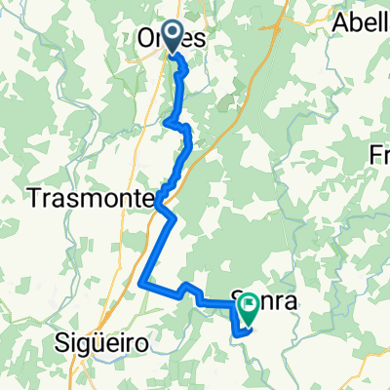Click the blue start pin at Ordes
click(x=173, y=37)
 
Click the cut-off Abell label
click(x=361, y=22)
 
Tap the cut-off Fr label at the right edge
click(x=380, y=154)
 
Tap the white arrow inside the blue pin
click(x=173, y=35)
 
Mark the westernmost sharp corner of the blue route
click(x=143, y=284)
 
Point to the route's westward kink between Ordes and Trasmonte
click(x=168, y=123)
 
